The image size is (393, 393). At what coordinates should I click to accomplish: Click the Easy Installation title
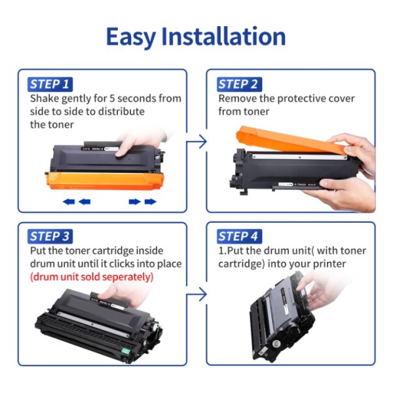point(196,37)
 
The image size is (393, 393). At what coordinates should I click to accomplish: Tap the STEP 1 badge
point(50,84)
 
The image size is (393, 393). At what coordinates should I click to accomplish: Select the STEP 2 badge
point(238,84)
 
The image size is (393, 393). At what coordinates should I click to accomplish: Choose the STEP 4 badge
point(239,236)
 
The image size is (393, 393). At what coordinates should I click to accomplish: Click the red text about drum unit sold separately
point(92,277)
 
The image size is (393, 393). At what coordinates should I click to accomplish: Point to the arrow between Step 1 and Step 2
point(197,141)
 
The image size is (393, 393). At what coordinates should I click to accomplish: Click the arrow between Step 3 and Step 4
point(197,294)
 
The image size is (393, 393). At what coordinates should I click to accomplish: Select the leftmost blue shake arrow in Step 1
point(68,202)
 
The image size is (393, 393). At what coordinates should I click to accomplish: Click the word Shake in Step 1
point(45,99)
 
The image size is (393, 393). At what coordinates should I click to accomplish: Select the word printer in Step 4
point(333,264)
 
